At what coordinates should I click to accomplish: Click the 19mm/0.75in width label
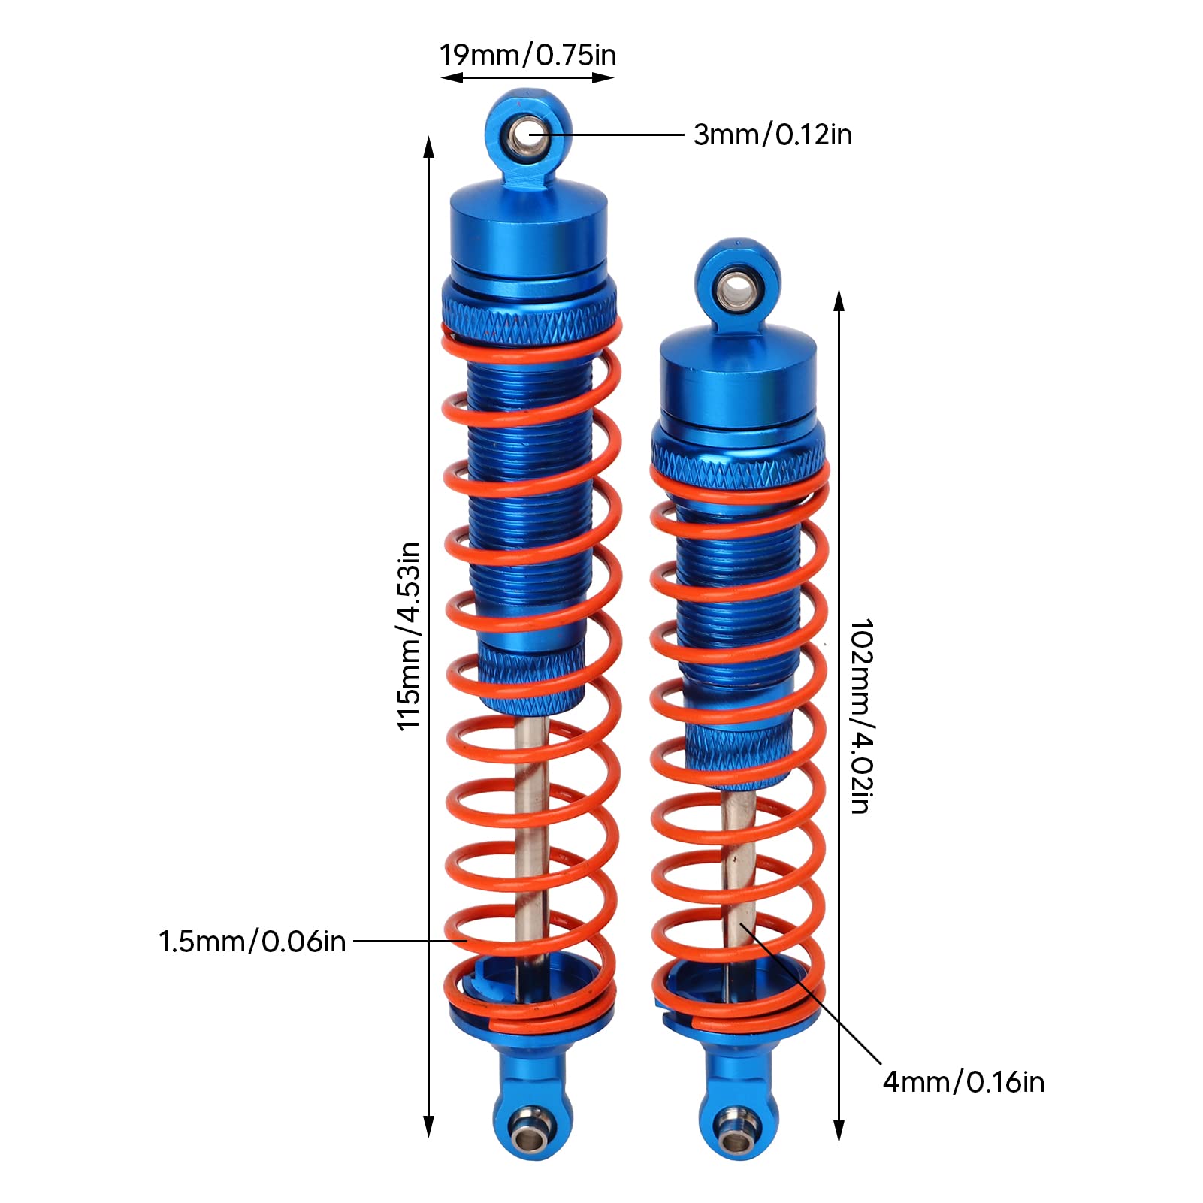point(527,55)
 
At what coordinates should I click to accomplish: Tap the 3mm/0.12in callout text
point(772,135)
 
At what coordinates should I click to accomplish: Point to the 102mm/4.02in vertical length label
point(861,716)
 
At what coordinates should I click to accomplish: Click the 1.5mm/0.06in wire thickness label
point(252,941)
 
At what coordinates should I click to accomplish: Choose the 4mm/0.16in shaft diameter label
point(963,1081)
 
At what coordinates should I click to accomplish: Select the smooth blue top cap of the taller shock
point(529,225)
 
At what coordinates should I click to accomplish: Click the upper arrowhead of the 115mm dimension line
point(429,148)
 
